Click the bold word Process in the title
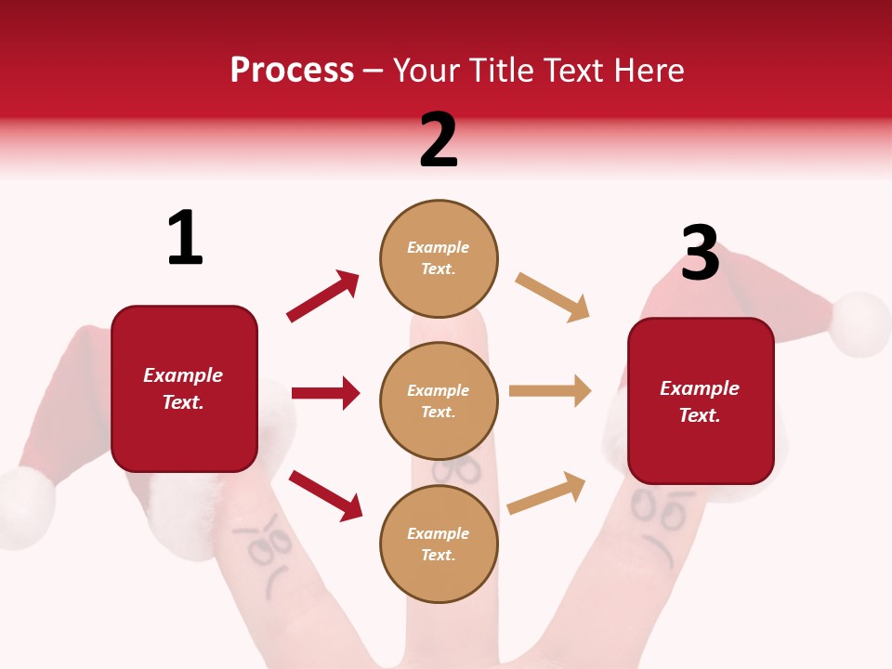292,70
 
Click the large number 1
185,238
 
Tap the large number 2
439,140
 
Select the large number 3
700,254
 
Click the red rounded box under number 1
184,388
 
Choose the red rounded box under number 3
701,400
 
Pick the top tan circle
439,258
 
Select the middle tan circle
439,400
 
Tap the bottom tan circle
439,544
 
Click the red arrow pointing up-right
323,296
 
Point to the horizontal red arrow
325,393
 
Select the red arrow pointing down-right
325,494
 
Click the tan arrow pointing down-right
553,297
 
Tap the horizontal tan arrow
550,391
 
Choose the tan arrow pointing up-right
546,492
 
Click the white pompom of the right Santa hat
860,324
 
